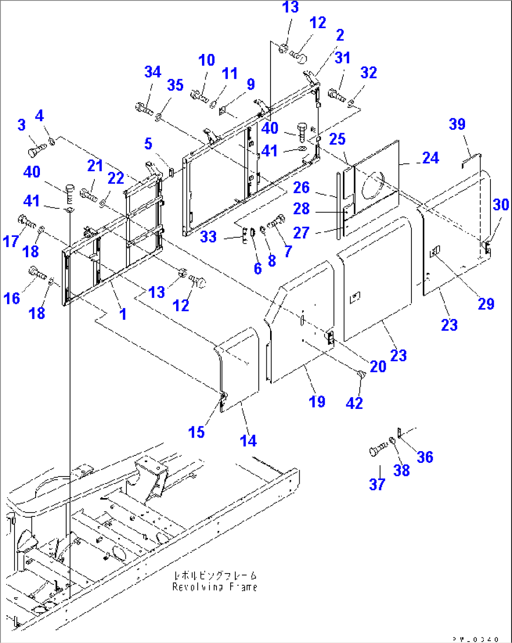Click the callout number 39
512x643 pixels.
pyautogui.click(x=457, y=124)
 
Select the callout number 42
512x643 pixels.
pyautogui.click(x=354, y=403)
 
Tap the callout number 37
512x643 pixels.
pyautogui.click(x=377, y=484)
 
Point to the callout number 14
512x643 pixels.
pyautogui.click(x=248, y=440)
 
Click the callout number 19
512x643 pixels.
pyautogui.click(x=317, y=401)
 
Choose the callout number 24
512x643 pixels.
pyautogui.click(x=430, y=158)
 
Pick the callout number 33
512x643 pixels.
pyautogui.click(x=208, y=236)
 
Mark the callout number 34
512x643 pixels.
pyautogui.click(x=153, y=72)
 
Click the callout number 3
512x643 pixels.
pyautogui.click(x=22, y=125)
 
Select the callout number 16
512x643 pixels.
pyautogui.click(x=12, y=298)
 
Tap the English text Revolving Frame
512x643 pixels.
pyautogui.click(x=215, y=587)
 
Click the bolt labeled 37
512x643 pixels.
pyautogui.click(x=376, y=451)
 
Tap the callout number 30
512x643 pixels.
pyautogui.click(x=501, y=204)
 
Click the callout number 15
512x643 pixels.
pyautogui.click(x=196, y=432)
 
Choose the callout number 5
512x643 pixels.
pyautogui.click(x=148, y=144)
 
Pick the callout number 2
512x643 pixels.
pyautogui.click(x=340, y=35)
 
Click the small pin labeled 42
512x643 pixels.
pyautogui.click(x=362, y=375)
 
